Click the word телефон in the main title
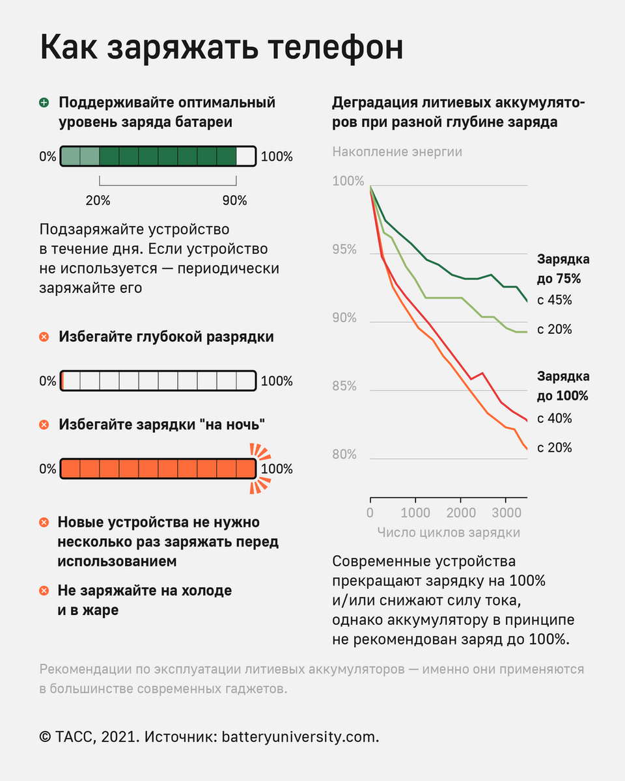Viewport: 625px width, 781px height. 319,49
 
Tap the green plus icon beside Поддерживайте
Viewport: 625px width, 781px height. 44,103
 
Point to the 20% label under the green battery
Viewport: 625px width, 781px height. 98,200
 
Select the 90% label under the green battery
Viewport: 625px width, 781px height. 235,200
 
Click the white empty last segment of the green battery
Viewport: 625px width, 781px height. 245,156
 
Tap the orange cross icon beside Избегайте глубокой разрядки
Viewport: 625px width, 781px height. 44,337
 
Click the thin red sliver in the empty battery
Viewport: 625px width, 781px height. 61,381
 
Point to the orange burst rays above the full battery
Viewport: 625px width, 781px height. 260,450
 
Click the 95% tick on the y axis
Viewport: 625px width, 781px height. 344,250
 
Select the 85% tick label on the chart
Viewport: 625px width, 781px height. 344,387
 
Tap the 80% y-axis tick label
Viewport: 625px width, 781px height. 344,454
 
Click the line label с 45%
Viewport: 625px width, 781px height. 554,300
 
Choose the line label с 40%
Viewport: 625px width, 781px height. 554,418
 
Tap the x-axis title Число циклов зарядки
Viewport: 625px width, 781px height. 449,532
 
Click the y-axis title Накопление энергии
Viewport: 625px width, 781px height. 397,152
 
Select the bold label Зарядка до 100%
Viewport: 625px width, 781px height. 562,386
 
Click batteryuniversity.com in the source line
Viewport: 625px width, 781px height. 300,737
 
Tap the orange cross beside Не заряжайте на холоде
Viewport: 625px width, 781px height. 44,591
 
